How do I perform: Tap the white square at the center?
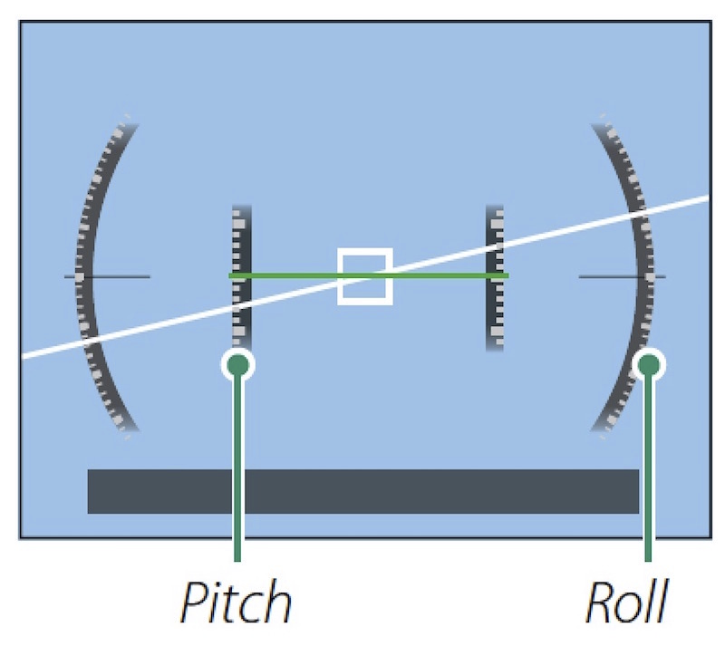(x=365, y=275)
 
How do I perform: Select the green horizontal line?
(x=299, y=275)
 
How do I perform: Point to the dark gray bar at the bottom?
(x=362, y=491)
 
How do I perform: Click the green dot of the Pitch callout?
(x=237, y=364)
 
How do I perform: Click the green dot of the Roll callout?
(x=649, y=364)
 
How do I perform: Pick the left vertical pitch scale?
(x=241, y=236)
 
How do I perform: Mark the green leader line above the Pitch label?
(x=237, y=471)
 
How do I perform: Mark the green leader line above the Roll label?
(x=649, y=471)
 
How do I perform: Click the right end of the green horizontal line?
(x=506, y=275)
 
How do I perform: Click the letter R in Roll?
(x=600, y=603)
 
